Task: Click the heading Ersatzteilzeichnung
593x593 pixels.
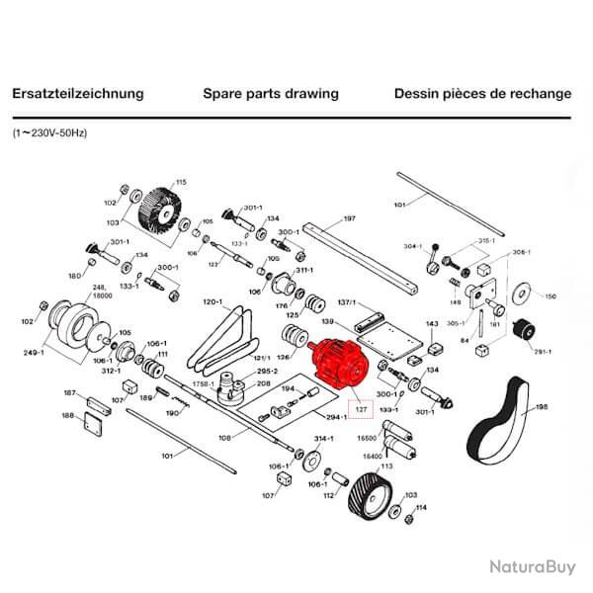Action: point(78,94)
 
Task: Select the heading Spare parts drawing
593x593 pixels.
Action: point(271,94)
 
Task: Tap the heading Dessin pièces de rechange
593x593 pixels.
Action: point(482,94)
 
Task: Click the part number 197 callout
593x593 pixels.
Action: point(349,218)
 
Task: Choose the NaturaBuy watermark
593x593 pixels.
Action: point(530,566)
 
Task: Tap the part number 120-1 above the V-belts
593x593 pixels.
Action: point(214,301)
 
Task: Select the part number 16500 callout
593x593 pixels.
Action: point(367,434)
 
